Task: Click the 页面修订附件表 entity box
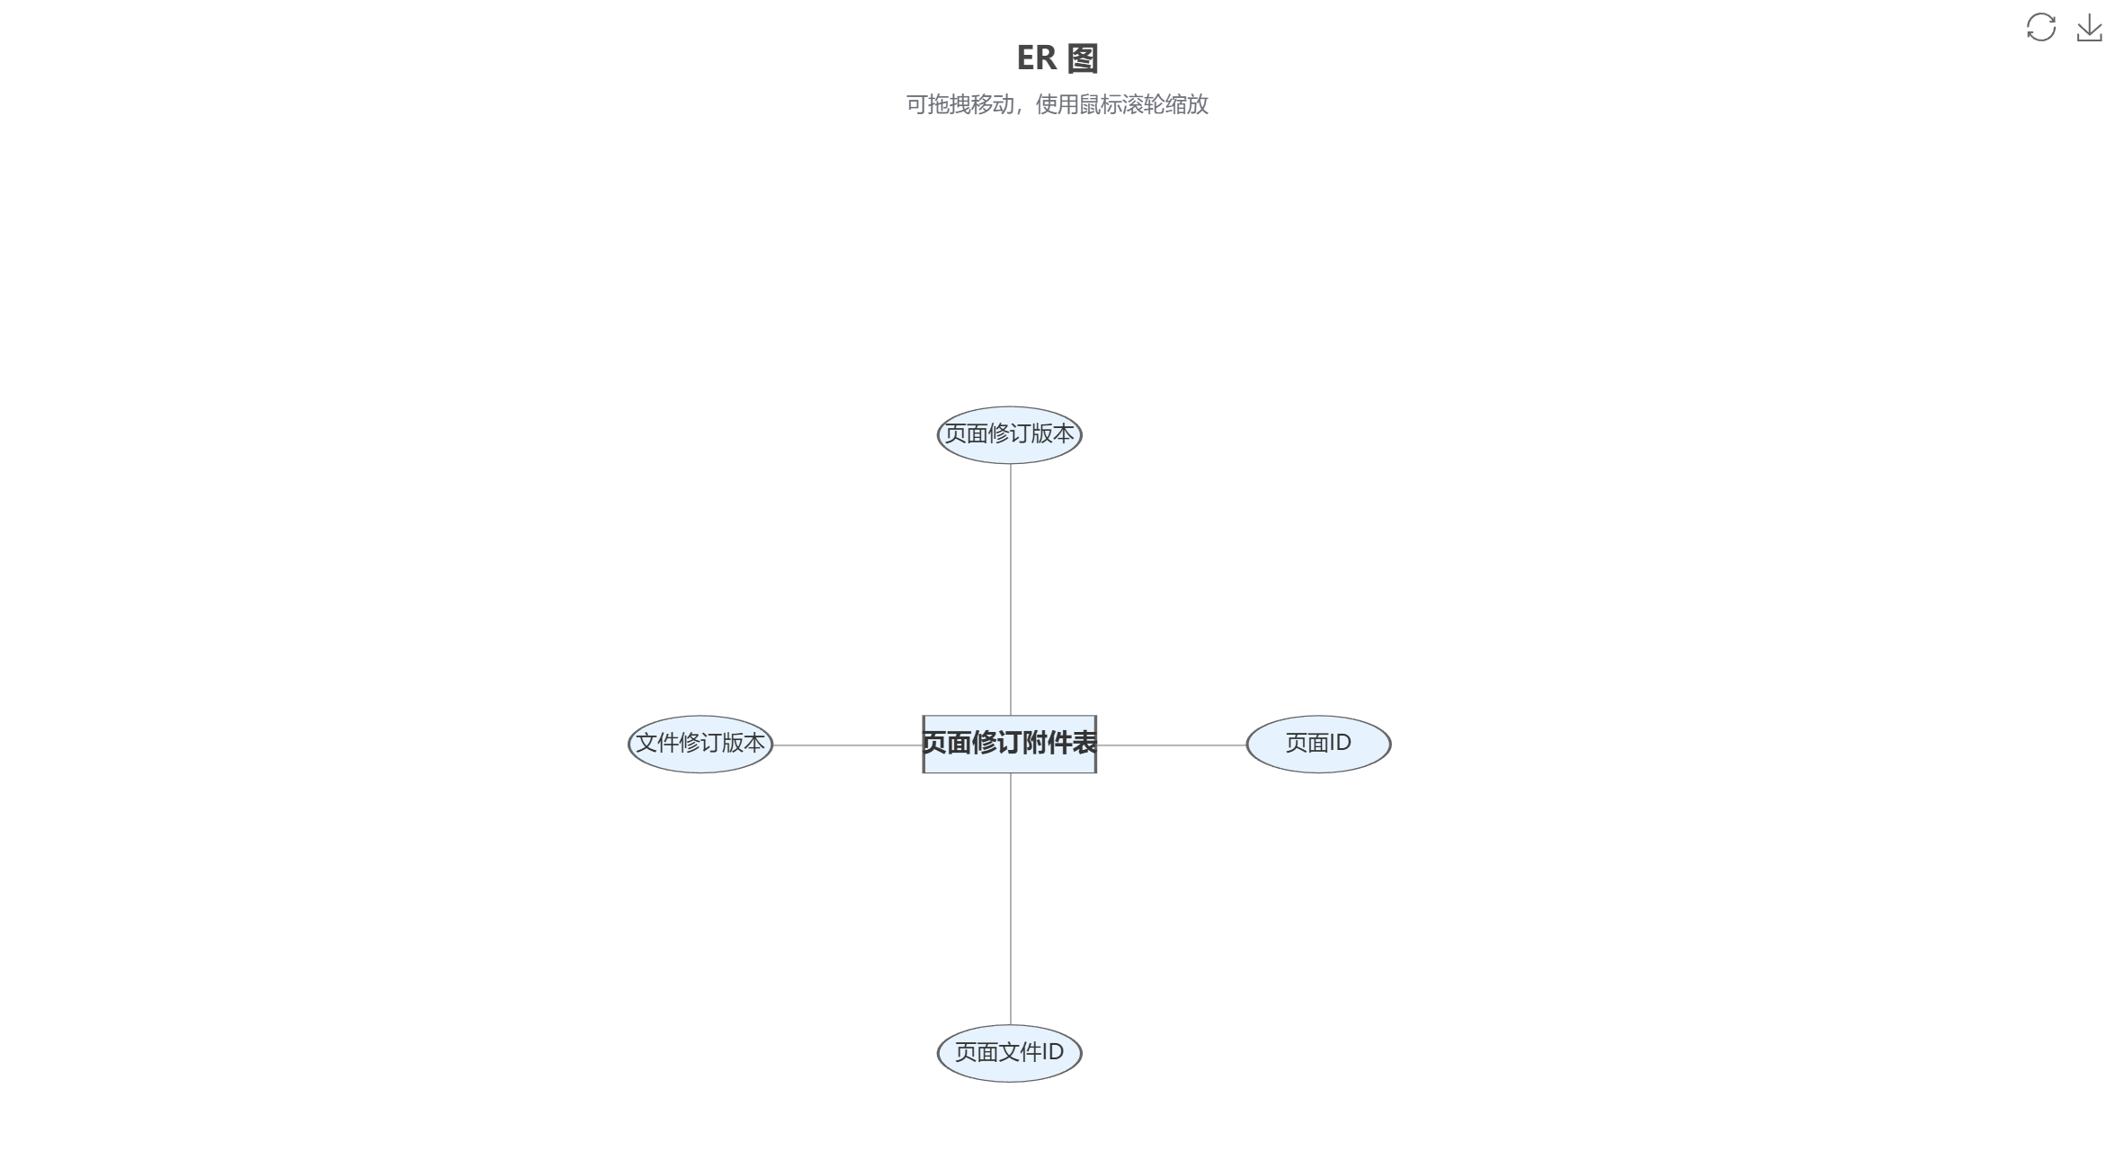click(x=1009, y=744)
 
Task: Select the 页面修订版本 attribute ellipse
click(x=1009, y=434)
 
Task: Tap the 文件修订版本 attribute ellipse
click(x=700, y=744)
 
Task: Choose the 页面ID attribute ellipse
click(x=1318, y=744)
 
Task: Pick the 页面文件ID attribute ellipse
click(x=1009, y=1053)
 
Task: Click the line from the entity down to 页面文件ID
click(x=1010, y=898)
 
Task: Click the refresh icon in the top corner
click(x=2040, y=27)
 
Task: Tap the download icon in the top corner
click(x=2089, y=27)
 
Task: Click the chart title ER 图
click(x=1057, y=58)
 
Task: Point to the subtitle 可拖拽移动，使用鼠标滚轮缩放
click(x=1057, y=104)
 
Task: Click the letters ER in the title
click(x=1036, y=58)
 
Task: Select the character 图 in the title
click(x=1083, y=58)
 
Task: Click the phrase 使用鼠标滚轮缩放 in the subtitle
click(x=1122, y=104)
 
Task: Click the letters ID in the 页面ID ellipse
click(x=1340, y=743)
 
